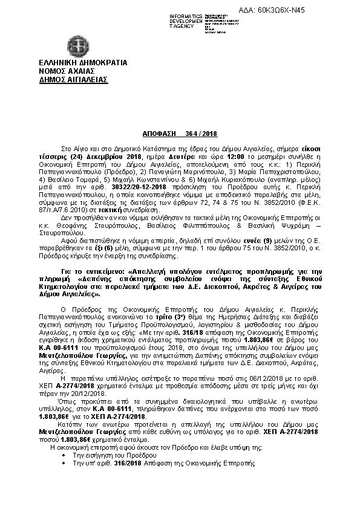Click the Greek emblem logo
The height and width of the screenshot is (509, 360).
pos(77,45)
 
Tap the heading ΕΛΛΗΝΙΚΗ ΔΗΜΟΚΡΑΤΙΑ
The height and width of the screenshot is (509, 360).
pos(74,62)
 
